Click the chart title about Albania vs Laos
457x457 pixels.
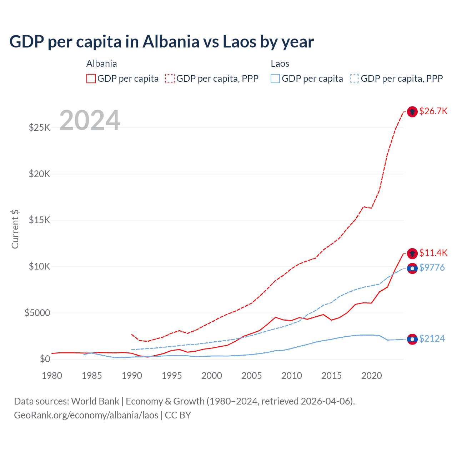coord(161,42)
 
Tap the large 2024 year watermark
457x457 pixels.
coord(90,120)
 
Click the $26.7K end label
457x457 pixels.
coord(433,111)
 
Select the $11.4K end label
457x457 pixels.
coord(433,253)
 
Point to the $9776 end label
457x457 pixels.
coord(432,267)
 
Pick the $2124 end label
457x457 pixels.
coord(432,338)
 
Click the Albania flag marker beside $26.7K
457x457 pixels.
coord(412,112)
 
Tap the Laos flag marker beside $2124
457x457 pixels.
coord(412,339)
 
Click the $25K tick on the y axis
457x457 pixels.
coord(40,127)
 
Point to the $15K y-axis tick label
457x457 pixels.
coord(40,220)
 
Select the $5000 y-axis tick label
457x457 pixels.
coord(37,313)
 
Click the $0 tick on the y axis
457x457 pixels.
coord(45,359)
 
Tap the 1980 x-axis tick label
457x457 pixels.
coord(52,376)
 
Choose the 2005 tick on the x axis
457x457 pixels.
coord(252,376)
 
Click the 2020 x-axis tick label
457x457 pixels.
coord(372,376)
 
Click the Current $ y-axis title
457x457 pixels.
coord(15,229)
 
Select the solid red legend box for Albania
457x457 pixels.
coord(91,79)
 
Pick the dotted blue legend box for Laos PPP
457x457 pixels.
coord(355,79)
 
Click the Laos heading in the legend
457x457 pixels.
coord(280,64)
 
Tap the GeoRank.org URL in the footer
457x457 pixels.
coord(86,415)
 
